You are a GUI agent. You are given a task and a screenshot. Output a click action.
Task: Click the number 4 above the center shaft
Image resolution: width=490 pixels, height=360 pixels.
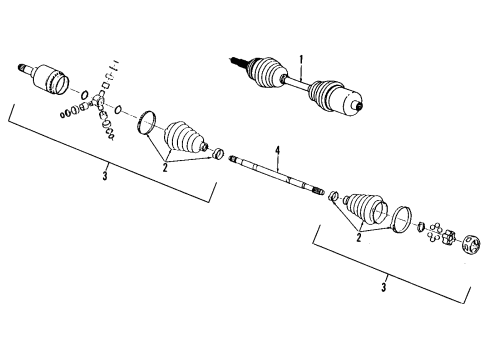tap(278, 152)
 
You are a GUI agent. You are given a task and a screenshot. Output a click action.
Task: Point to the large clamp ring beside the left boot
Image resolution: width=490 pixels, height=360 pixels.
tap(148, 122)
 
